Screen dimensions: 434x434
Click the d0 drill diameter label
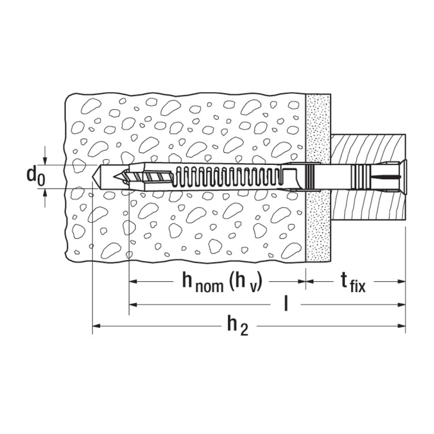point(35,176)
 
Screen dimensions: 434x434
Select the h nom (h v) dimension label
point(222,282)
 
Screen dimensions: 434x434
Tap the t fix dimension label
point(353,283)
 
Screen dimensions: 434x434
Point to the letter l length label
point(286,304)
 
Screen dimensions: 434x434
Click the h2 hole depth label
point(237,326)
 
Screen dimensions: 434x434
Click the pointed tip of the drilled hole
point(92,176)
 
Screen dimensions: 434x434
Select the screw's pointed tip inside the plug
point(114,177)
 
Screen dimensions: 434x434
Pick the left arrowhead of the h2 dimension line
point(95,326)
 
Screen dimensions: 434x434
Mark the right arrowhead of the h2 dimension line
point(402,326)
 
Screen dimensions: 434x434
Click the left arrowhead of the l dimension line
point(133,305)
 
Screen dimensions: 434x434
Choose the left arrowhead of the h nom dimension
point(133,281)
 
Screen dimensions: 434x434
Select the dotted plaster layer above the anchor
point(318,128)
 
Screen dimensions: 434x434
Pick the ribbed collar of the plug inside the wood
point(361,176)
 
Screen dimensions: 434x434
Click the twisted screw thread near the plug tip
point(148,176)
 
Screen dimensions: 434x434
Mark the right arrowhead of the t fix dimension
point(402,281)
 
